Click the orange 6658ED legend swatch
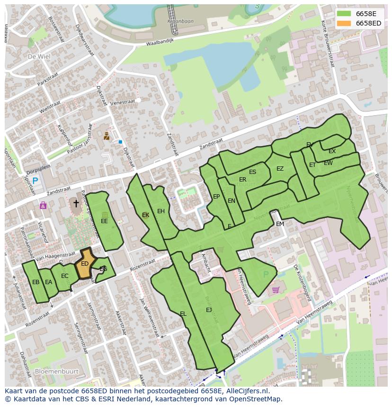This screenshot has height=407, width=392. point(344,23)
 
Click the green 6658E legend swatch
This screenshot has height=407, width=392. point(344,14)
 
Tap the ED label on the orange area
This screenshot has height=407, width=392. point(85,264)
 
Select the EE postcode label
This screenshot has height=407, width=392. point(104,221)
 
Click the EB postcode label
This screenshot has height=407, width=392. point(36,282)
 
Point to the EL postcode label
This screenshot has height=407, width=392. point(183,313)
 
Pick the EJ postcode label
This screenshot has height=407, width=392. point(209,310)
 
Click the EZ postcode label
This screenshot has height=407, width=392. point(280,169)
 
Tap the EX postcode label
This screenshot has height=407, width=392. point(332,151)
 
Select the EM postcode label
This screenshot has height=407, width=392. point(280,224)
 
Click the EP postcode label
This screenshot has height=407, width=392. point(216,197)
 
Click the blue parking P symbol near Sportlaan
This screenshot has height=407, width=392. point(35,181)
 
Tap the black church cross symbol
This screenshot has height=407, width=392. point(76,203)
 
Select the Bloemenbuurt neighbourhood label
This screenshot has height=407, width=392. point(56,372)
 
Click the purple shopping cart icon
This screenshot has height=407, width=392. point(276,290)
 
